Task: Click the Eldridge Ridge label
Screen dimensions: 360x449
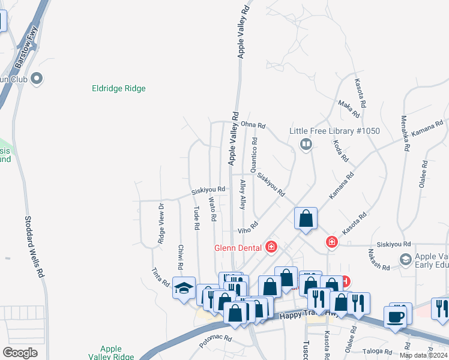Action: [x=119, y=89]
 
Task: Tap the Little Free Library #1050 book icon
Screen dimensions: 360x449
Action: [x=306, y=144]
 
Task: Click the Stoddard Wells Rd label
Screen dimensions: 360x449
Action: [x=35, y=247]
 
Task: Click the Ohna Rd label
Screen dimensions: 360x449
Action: [x=253, y=124]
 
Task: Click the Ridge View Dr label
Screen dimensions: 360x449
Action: [x=161, y=223]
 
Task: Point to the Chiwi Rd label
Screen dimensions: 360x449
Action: [x=180, y=257]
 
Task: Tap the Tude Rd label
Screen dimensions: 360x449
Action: [x=196, y=219]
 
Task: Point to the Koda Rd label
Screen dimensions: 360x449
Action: [x=340, y=151]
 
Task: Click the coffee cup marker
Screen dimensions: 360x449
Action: [x=396, y=317]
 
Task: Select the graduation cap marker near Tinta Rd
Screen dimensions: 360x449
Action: [x=184, y=288]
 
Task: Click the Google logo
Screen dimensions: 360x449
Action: [x=20, y=353]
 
